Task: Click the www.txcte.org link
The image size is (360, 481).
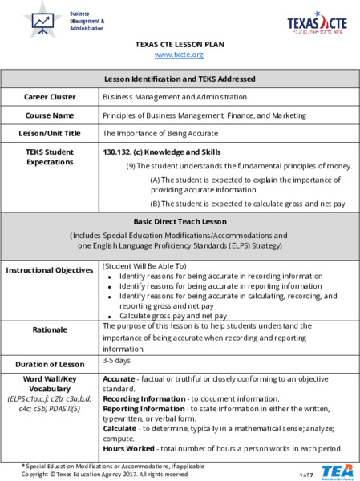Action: [179, 55]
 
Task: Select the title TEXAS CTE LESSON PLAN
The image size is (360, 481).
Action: [179, 44]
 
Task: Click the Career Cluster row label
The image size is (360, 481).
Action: [50, 97]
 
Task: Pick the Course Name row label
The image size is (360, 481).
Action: [50, 115]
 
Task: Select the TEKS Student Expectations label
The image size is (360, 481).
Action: [50, 157]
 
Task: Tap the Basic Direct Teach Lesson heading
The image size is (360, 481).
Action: [179, 220]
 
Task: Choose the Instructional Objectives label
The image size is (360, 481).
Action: [50, 271]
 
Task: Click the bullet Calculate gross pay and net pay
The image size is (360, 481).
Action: [172, 316]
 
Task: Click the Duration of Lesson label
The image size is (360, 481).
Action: [50, 363]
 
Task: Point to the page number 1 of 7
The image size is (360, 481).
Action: [306, 475]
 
